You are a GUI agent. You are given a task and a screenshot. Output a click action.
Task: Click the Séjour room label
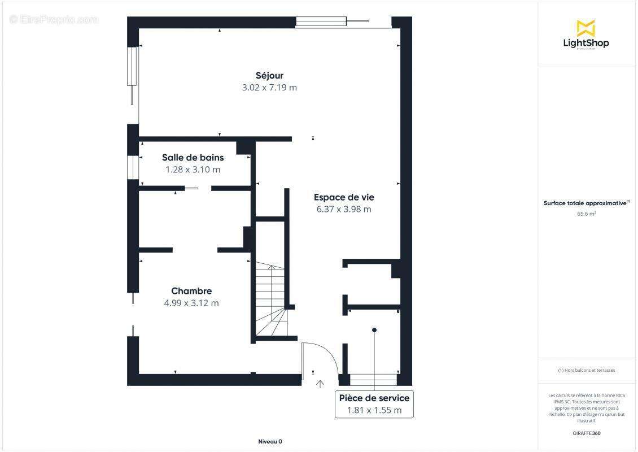[269, 75]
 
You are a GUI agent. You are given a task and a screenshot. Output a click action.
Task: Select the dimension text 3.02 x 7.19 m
[269, 88]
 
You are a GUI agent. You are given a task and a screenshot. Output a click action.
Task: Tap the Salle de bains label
[193, 158]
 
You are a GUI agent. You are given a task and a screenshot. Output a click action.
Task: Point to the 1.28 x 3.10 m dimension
[193, 169]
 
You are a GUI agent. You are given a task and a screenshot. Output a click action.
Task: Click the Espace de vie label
[344, 197]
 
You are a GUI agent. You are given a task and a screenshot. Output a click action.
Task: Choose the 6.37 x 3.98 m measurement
[344, 209]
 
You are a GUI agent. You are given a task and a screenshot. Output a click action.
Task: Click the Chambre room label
[191, 291]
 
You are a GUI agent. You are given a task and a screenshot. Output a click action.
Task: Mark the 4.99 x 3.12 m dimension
[191, 303]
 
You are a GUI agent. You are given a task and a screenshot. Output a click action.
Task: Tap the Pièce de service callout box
[374, 403]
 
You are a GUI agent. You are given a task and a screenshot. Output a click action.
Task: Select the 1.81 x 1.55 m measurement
[374, 410]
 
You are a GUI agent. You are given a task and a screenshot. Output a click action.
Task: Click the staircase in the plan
[270, 299]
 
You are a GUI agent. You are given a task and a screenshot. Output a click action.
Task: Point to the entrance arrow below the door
[320, 384]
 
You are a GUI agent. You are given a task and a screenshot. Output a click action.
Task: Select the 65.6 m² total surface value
[586, 214]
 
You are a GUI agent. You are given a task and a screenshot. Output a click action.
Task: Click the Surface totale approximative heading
[585, 203]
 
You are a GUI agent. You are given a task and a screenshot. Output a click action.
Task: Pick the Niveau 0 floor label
[270, 442]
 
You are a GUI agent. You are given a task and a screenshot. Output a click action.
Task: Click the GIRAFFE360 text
[586, 433]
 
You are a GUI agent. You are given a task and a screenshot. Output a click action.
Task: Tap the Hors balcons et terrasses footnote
[586, 370]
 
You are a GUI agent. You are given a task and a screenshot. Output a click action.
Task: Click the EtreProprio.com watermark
[54, 20]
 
